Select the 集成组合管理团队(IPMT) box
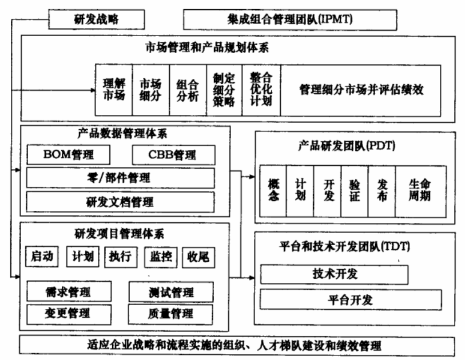tap(290, 20)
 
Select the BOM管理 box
tap(69, 155)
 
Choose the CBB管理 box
tap(173, 155)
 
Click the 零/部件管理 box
tap(120, 178)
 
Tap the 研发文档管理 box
tap(120, 202)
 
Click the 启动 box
tap(43, 257)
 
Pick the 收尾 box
tap(198, 257)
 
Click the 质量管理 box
tap(170, 313)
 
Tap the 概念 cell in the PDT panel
tap(273, 191)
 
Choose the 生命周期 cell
tap(420, 191)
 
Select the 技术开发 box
tap(335, 274)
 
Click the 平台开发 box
tap(351, 299)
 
